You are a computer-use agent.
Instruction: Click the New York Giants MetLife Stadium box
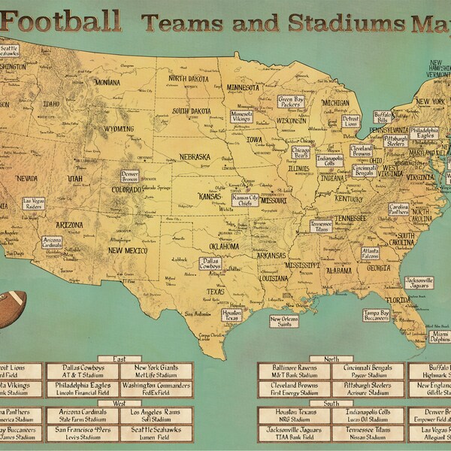coord(156,371)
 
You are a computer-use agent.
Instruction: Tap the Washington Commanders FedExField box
coord(156,388)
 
